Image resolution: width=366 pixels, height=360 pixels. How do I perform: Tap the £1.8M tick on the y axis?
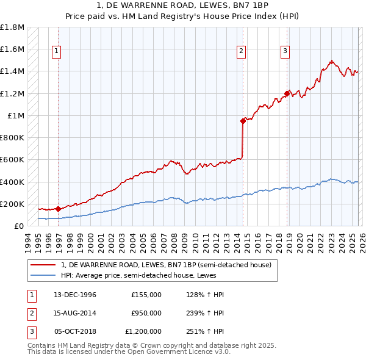pos(12,27)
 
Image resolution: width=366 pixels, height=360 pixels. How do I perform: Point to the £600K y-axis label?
pos(12,160)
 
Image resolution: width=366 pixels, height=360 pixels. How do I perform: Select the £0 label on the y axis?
pos(19,226)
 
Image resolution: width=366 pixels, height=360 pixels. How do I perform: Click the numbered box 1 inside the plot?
pos(56,52)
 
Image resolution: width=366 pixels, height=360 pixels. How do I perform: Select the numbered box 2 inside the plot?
pos(242,52)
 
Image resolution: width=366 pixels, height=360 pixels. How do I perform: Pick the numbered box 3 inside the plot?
pos(285,52)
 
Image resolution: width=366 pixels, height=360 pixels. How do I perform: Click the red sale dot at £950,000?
pos(243,121)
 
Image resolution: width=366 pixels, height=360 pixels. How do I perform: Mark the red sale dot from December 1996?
pos(58,209)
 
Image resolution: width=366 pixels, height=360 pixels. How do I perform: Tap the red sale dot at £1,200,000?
pos(286,93)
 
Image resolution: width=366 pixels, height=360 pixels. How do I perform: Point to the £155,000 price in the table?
pos(146,295)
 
